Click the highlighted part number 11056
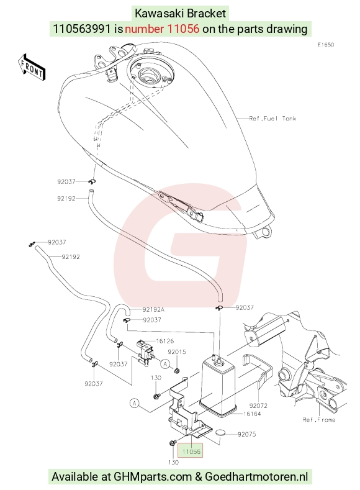coord(191,451)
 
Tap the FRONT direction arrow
coord(32,68)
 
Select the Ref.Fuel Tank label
coord(272,119)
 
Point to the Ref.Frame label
coord(319,419)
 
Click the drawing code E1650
coord(326,45)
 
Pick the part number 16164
coord(251,414)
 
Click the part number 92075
coord(246,434)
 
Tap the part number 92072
coord(258,406)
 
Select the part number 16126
coord(164,341)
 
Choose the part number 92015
coord(177,352)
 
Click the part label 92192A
coord(153,309)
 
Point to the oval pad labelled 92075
coord(222,433)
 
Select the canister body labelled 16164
coord(218,388)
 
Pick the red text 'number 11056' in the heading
coord(162,29)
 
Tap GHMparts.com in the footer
coord(153,477)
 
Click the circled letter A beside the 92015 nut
coord(165,364)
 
